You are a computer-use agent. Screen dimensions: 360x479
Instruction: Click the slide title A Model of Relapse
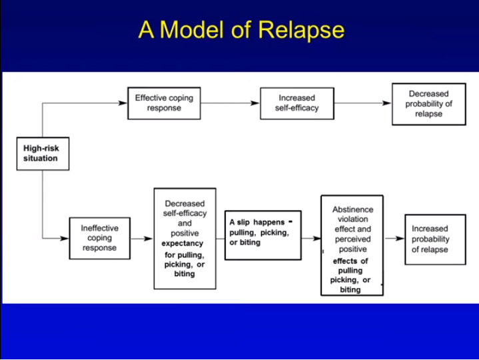(x=241, y=30)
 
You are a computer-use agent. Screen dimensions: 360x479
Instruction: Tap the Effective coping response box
(x=164, y=103)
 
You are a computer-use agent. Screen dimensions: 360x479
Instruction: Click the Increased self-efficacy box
(x=296, y=103)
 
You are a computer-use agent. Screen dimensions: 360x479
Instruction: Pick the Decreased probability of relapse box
(x=428, y=103)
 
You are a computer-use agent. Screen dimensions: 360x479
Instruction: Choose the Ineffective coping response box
(x=99, y=238)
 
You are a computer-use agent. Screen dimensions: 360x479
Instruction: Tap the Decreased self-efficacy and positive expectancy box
(x=185, y=238)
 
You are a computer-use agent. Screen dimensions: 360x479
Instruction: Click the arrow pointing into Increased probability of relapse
(x=394, y=238)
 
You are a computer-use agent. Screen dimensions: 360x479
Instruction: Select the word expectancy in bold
(x=183, y=244)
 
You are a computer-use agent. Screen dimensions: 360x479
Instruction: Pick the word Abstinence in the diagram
(x=352, y=209)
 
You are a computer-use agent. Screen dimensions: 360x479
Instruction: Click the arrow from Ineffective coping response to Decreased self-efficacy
(x=141, y=238)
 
